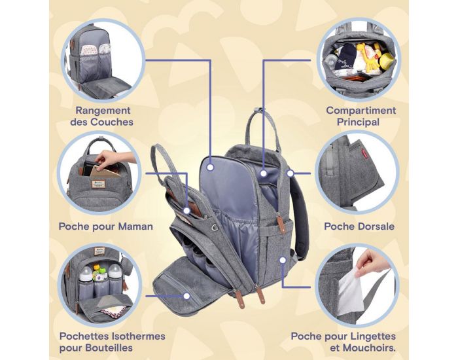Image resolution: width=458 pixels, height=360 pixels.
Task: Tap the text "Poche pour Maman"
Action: [105, 226]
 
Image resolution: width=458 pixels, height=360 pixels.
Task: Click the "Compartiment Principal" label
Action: [361, 116]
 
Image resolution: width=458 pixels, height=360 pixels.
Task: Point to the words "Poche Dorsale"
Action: [359, 226]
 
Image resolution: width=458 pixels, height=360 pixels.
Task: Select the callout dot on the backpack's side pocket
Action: [283, 259]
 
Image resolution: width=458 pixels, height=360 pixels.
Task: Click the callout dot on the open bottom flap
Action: [187, 295]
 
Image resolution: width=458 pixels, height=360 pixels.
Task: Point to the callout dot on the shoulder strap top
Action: [289, 173]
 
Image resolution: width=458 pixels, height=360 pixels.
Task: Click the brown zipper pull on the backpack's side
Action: [260, 295]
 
